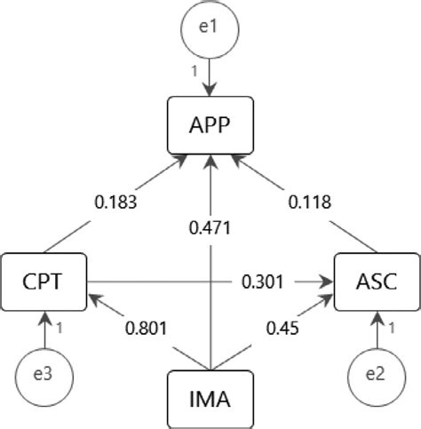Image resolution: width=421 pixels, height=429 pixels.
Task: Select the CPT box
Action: [x=43, y=283]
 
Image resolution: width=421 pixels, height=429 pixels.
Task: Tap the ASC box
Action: [x=377, y=283]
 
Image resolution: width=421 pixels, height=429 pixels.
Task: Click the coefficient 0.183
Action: [x=115, y=203]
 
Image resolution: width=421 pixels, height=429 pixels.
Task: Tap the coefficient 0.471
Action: [x=210, y=228]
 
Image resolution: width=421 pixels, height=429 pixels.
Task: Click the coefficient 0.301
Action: [x=263, y=283]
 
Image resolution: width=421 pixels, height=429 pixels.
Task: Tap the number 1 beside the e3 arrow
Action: [x=58, y=328]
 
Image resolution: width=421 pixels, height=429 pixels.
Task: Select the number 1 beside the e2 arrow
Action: [x=392, y=328]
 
